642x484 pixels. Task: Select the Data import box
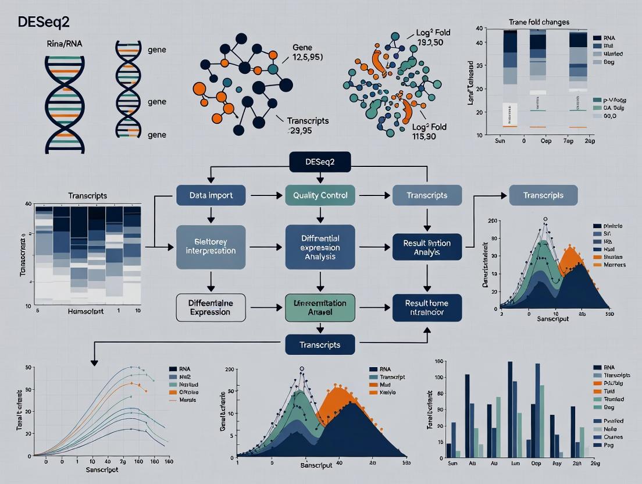point(211,195)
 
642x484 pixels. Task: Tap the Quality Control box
point(320,195)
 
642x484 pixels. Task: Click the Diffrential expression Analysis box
point(320,247)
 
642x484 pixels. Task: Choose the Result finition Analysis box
point(427,247)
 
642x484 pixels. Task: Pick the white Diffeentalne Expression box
point(210,307)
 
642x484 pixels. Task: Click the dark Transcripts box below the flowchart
point(320,344)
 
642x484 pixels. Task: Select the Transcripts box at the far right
point(543,195)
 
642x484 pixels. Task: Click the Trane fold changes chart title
point(538,22)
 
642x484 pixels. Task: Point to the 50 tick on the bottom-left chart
point(27,367)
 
